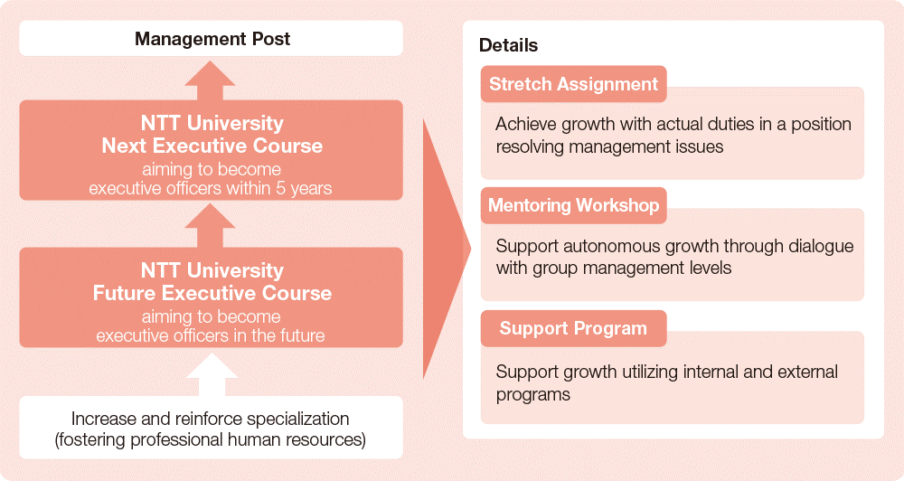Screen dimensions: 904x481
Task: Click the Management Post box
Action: click(x=211, y=39)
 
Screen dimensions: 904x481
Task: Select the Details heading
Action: click(x=508, y=45)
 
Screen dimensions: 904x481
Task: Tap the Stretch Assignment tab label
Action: click(x=574, y=84)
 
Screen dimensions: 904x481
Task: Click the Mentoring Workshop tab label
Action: click(x=574, y=205)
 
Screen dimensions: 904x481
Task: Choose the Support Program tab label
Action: click(x=574, y=328)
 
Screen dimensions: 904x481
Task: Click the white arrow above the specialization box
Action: click(x=212, y=374)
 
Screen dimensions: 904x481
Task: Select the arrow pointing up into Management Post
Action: click(x=211, y=80)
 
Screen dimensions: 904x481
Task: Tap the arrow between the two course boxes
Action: click(x=211, y=226)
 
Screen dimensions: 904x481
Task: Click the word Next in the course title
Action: click(x=124, y=146)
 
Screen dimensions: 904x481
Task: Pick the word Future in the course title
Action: click(x=124, y=293)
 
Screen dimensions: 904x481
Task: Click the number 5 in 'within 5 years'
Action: click(x=280, y=189)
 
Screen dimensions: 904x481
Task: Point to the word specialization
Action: click(x=298, y=419)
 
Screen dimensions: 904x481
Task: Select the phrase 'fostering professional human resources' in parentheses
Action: click(x=211, y=440)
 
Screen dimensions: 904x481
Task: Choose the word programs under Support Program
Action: click(x=533, y=396)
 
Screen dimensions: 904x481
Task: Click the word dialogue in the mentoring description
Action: click(x=821, y=247)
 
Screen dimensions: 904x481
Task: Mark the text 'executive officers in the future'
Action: click(x=211, y=335)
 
